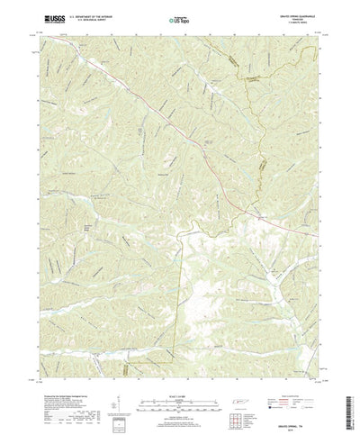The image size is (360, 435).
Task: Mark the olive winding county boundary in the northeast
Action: (260, 135)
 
